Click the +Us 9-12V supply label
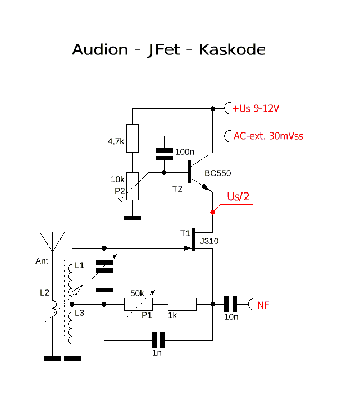pyautogui.click(x=256, y=108)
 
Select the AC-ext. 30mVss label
pyautogui.click(x=268, y=136)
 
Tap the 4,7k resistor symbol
pyautogui.click(x=132, y=139)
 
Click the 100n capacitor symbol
pyautogui.click(x=164, y=151)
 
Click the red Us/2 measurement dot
pyautogui.click(x=212, y=212)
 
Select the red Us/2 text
pyautogui.click(x=238, y=197)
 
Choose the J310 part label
pyautogui.click(x=208, y=241)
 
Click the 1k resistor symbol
pyautogui.click(x=183, y=305)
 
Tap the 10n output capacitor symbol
pyautogui.click(x=230, y=305)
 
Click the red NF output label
pyautogui.click(x=263, y=305)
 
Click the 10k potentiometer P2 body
pyautogui.click(x=132, y=186)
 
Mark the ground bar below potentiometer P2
pyautogui.click(x=132, y=218)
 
